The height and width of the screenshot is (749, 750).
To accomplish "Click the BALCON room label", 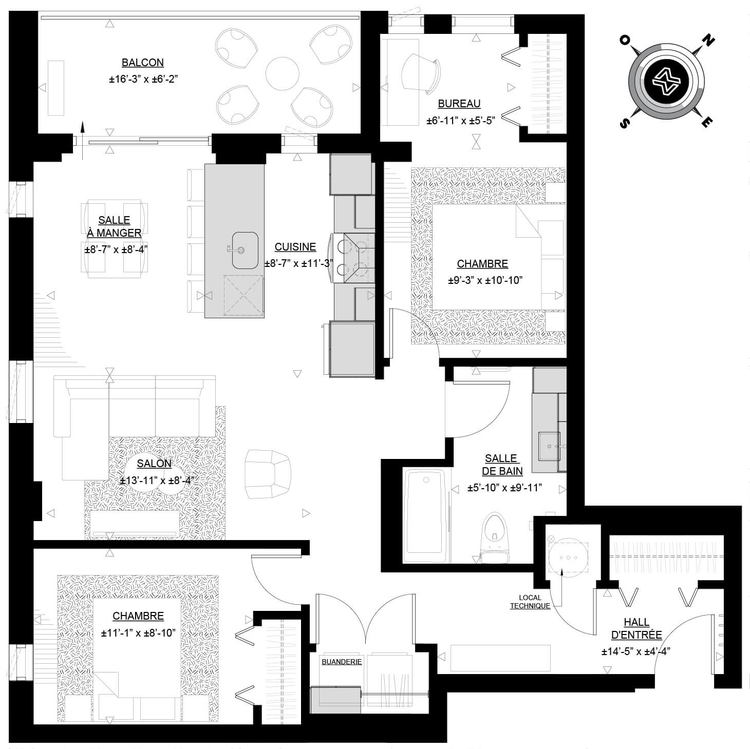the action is [142, 63].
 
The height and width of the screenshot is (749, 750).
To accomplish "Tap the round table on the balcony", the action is [282, 73].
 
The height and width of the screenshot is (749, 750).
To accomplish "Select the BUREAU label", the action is [459, 104].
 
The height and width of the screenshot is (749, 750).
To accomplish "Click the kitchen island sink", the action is [245, 250].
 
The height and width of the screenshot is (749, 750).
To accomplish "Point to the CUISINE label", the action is [295, 247].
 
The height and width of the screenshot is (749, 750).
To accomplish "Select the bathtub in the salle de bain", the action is [425, 515].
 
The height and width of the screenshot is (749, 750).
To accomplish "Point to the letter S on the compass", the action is [624, 123].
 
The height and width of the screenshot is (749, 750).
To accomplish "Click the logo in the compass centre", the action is [666, 81].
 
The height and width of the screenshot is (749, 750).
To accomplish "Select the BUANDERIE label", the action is [342, 662].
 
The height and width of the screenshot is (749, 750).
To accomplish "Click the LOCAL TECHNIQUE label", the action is [530, 602].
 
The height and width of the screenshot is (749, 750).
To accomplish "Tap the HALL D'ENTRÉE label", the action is [636, 629].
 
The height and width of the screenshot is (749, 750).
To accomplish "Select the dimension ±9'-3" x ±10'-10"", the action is [485, 280].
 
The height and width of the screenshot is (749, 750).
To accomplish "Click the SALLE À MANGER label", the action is [114, 226].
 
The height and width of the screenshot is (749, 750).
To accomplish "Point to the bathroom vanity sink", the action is [549, 446].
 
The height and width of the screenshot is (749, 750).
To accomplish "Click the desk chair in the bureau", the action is [421, 73].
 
